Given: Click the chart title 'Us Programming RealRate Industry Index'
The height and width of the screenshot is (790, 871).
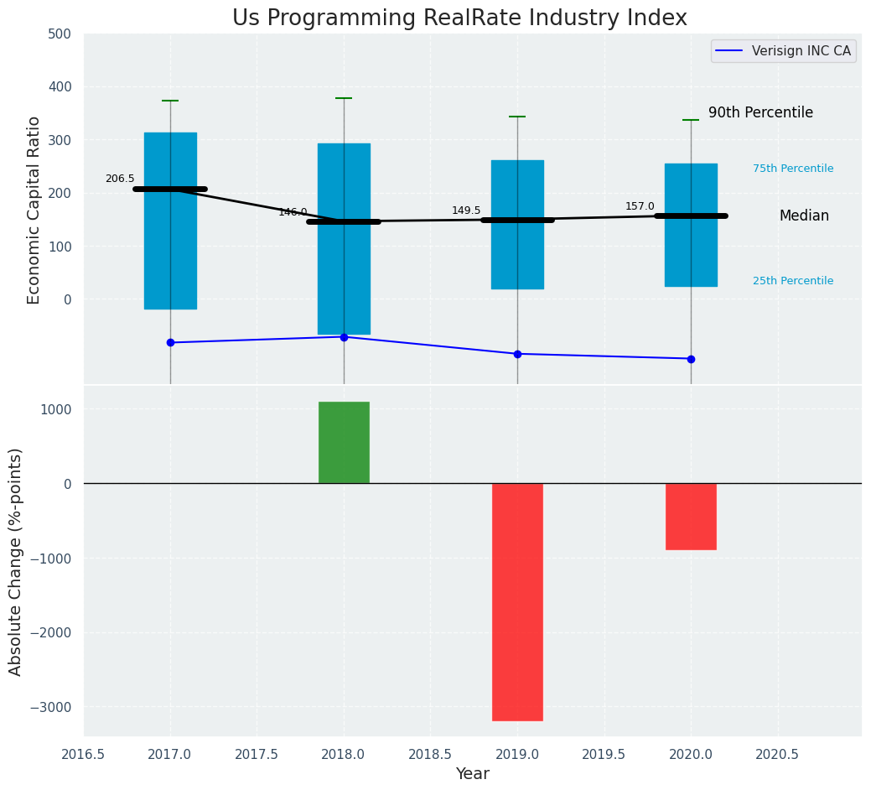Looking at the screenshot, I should pyautogui.click(x=459, y=18).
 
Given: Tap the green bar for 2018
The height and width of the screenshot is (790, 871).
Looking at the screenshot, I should pyautogui.click(x=344, y=442).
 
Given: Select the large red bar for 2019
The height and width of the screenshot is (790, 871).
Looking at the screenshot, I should pyautogui.click(x=517, y=601).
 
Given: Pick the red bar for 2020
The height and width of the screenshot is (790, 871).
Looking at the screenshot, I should pyautogui.click(x=691, y=516).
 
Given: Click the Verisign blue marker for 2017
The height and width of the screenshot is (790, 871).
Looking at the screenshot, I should pyautogui.click(x=170, y=342).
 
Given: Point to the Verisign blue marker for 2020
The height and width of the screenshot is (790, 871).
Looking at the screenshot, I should pyautogui.click(x=691, y=359).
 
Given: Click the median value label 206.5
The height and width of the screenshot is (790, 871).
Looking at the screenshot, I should pyautogui.click(x=120, y=179).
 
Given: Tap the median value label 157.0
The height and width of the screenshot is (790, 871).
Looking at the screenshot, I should pyautogui.click(x=640, y=206).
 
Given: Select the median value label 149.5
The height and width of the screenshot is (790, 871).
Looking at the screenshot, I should pyautogui.click(x=466, y=210).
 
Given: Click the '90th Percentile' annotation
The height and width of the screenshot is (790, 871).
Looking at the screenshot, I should pyautogui.click(x=760, y=112).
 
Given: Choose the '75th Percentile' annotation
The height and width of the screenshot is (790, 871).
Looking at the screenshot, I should pyautogui.click(x=792, y=169).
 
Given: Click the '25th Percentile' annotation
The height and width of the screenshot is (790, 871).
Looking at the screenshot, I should pyautogui.click(x=792, y=281).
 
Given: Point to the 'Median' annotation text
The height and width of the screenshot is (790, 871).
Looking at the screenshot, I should pyautogui.click(x=804, y=216).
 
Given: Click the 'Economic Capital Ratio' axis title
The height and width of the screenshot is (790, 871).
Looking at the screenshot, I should pyautogui.click(x=34, y=210).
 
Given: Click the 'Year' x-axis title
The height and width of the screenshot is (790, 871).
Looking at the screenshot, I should pyautogui.click(x=473, y=774).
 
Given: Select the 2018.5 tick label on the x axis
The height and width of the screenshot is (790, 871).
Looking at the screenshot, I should pyautogui.click(x=430, y=754).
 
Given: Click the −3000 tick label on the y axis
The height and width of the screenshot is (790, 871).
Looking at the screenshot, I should pyautogui.click(x=52, y=707).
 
